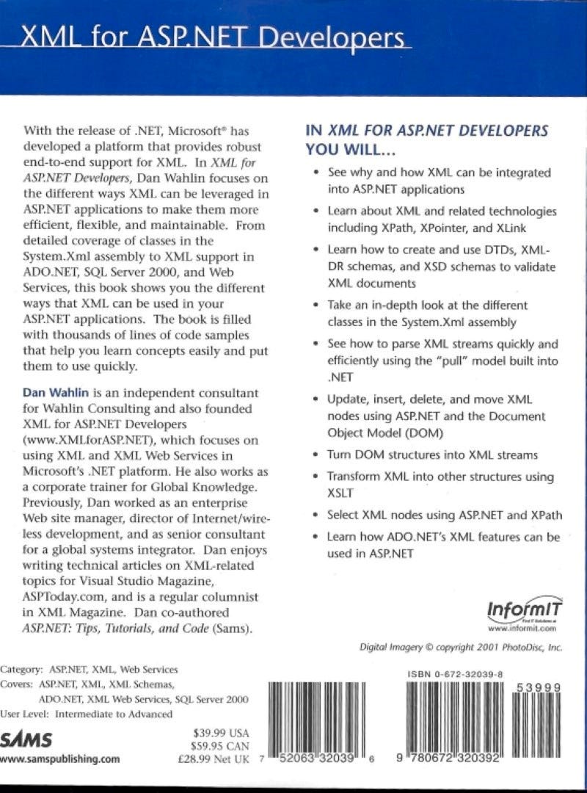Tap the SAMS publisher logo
(22, 739)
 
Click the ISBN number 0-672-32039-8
(455, 673)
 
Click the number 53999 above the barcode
(539, 687)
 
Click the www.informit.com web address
(523, 629)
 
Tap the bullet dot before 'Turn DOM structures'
(316, 455)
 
